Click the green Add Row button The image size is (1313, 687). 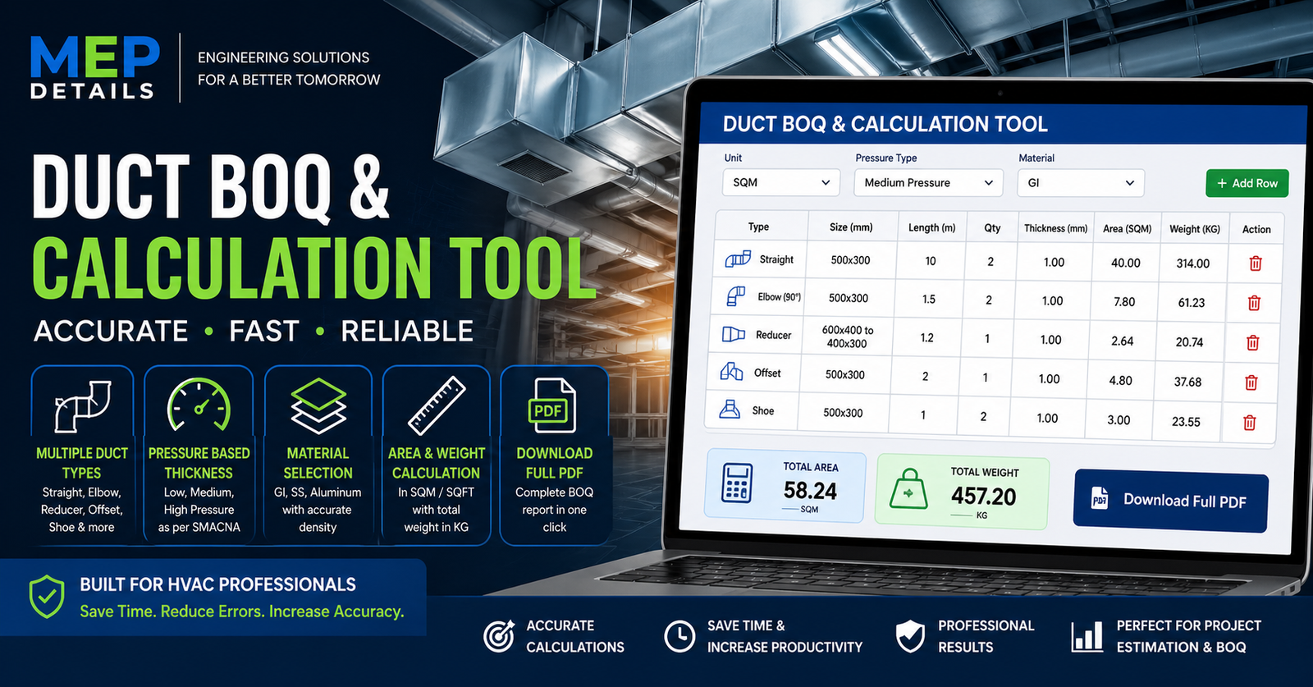[x=1247, y=183]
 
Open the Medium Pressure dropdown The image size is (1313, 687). [x=928, y=183]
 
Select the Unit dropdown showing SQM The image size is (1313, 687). [x=780, y=182]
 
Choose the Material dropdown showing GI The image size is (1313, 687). [x=1080, y=183]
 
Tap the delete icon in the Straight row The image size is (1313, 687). [x=1256, y=263]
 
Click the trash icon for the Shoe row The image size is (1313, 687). [x=1249, y=423]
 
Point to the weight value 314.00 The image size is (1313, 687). [x=1192, y=263]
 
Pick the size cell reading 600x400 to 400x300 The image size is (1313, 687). [x=848, y=337]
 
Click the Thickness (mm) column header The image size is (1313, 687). [x=1055, y=228]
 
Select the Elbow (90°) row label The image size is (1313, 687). [x=778, y=297]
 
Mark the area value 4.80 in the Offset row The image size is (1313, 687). [x=1120, y=381]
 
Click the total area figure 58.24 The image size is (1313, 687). [x=810, y=491]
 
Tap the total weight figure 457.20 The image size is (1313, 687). [x=983, y=497]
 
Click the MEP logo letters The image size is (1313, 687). [x=94, y=57]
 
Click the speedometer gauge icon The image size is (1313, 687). [x=199, y=405]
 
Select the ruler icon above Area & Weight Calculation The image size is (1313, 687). [x=437, y=405]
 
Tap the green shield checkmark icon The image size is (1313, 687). [x=47, y=596]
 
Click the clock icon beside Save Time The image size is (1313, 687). [x=679, y=636]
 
